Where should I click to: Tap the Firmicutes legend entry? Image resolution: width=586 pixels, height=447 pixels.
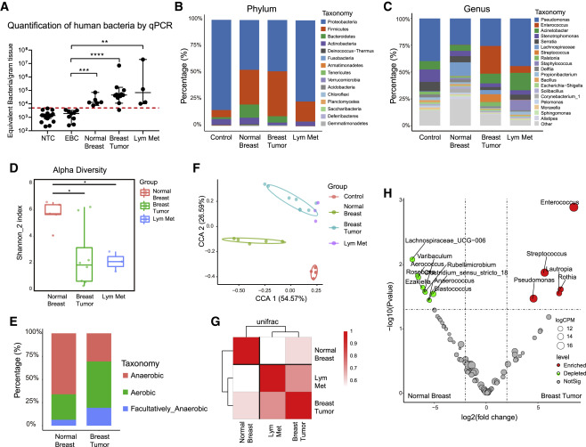(x=339, y=45)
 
